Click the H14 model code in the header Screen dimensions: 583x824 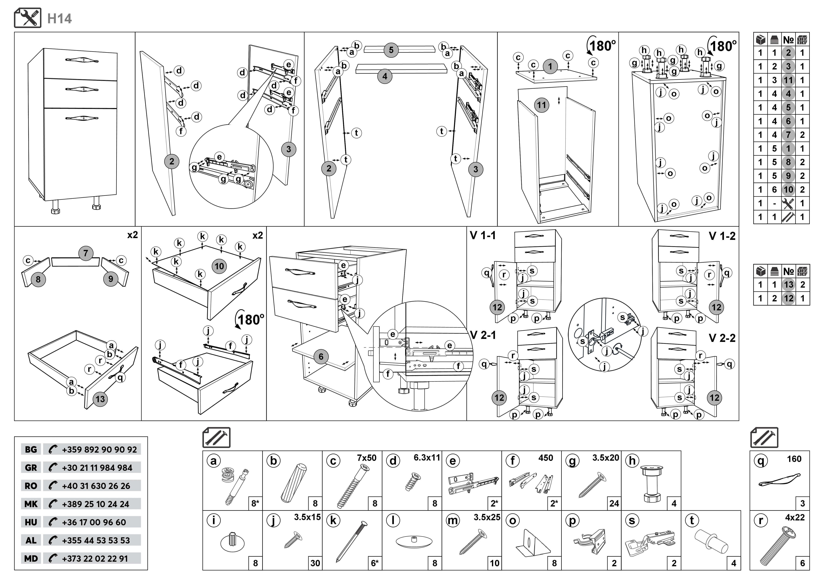pos(60,19)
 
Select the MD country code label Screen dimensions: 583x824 pos(31,559)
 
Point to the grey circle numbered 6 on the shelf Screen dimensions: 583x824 pos(321,357)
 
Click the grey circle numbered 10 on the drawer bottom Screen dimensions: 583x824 pos(219,266)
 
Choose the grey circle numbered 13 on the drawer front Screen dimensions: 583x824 pos(100,399)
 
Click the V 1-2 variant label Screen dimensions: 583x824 pos(722,236)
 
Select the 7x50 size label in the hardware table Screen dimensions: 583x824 pos(366,458)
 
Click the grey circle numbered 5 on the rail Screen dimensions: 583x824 pos(391,50)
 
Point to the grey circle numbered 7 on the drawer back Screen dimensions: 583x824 pos(85,253)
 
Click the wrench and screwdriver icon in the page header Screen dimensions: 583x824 pos(28,18)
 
